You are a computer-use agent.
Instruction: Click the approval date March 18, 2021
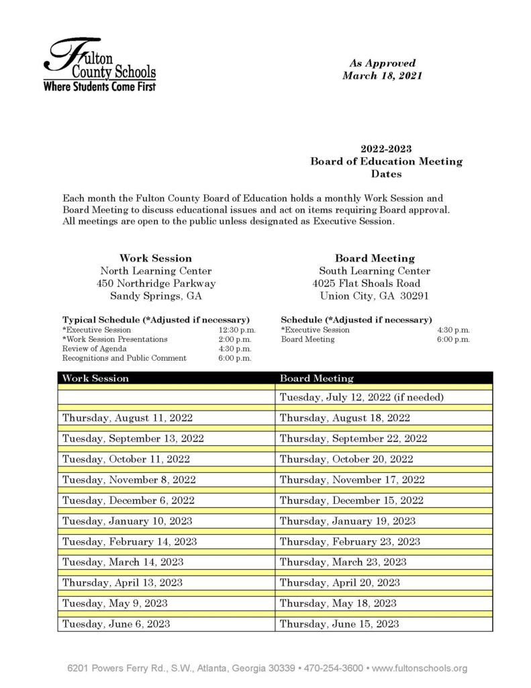(382, 76)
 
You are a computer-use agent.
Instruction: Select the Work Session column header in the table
(95, 378)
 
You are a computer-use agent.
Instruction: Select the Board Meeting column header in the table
(316, 378)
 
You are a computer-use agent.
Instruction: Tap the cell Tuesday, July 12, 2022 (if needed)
(362, 397)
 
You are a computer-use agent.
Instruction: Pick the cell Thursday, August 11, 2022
(128, 418)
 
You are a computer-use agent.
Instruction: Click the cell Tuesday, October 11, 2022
(126, 460)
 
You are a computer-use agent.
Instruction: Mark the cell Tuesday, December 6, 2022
(128, 501)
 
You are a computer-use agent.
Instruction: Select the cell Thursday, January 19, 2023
(347, 521)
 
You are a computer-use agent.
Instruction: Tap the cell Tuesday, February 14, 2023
(130, 542)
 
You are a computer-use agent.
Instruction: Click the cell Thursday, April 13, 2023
(122, 583)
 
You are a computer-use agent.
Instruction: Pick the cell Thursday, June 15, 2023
(339, 623)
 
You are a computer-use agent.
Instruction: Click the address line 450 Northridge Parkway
(156, 284)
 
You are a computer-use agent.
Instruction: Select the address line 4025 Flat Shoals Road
(367, 284)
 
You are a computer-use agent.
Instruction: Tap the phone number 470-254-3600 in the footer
(334, 669)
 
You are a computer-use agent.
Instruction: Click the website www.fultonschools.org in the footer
(420, 669)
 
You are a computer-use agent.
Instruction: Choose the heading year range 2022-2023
(386, 148)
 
